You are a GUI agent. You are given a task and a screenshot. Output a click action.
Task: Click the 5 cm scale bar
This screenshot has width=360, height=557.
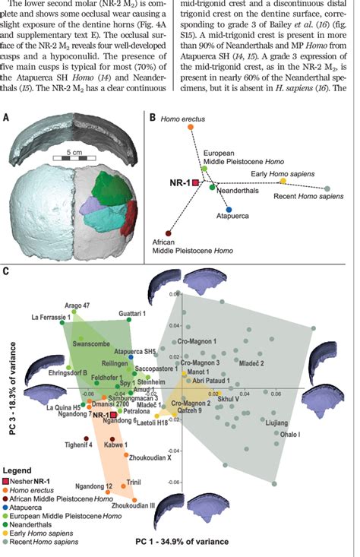coord(73,159)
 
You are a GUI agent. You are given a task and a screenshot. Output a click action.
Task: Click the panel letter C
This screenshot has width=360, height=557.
coord(7,271)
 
